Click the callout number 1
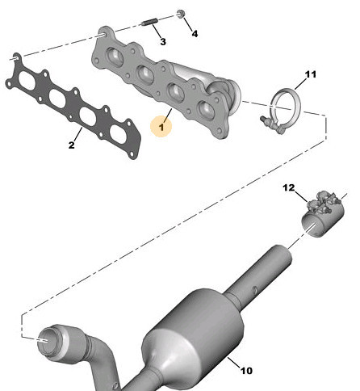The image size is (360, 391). point(161,127)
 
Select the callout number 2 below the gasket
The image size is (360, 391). point(71,145)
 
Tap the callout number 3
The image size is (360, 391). point(163,42)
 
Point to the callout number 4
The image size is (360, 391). point(195,34)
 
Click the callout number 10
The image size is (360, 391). point(246,371)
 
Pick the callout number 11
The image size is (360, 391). point(311,74)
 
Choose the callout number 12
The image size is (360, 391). point(289,187)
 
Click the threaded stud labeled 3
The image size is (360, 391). point(149,23)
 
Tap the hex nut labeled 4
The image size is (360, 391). point(180,13)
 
